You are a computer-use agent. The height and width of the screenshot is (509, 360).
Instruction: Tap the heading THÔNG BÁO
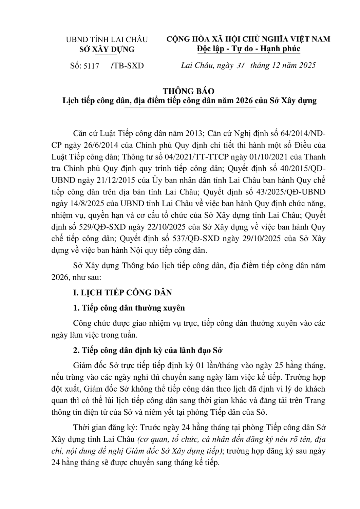(189, 91)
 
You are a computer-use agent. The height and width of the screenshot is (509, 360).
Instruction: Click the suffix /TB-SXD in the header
(127, 66)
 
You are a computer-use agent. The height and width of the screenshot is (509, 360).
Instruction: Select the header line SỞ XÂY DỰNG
(107, 49)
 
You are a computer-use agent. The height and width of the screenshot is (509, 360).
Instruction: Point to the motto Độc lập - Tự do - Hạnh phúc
(249, 49)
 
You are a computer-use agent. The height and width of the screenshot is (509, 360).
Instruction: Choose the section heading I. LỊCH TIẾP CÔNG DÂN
(122, 293)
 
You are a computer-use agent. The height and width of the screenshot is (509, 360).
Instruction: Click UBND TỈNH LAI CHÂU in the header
(107, 40)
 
